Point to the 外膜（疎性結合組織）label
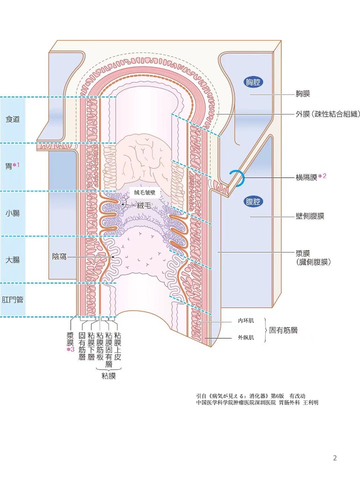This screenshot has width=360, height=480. pyautogui.click(x=327, y=114)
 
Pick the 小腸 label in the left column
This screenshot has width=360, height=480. pyautogui.click(x=12, y=213)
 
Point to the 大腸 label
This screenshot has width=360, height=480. pyautogui.click(x=12, y=260)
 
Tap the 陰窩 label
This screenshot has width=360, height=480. pyautogui.click(x=59, y=256)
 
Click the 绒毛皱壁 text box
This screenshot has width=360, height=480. pyautogui.click(x=144, y=192)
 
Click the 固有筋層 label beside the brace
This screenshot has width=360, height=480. pyautogui.click(x=283, y=330)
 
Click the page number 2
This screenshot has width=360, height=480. pyautogui.click(x=335, y=458)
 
